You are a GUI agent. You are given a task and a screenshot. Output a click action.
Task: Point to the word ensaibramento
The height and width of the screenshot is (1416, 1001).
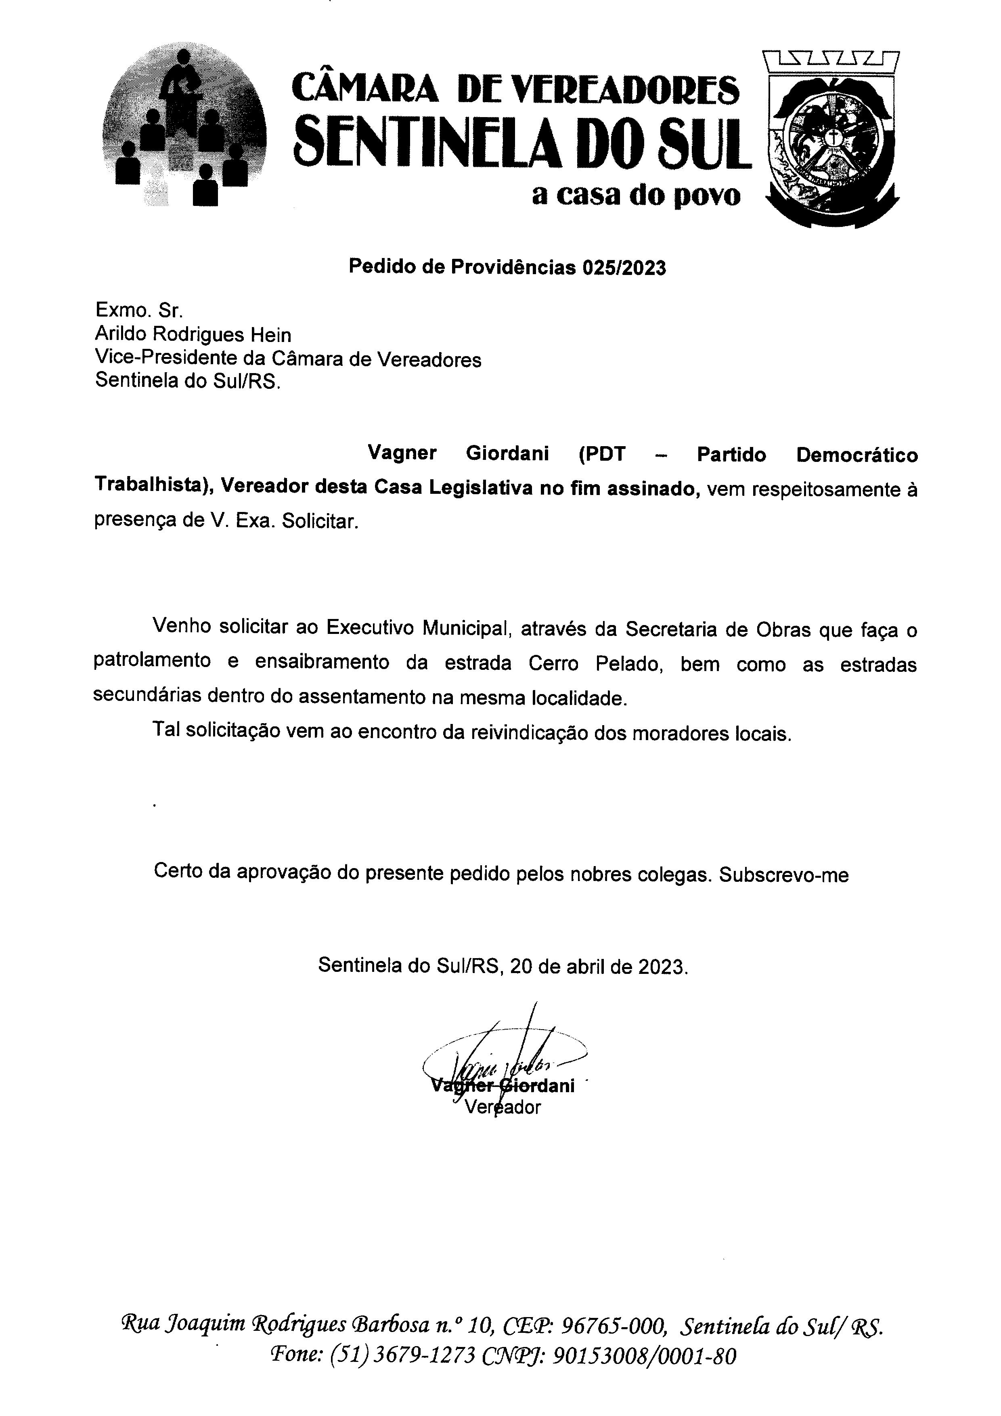pyautogui.click(x=322, y=662)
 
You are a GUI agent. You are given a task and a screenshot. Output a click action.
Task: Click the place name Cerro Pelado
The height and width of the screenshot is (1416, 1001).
pyautogui.click(x=595, y=664)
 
